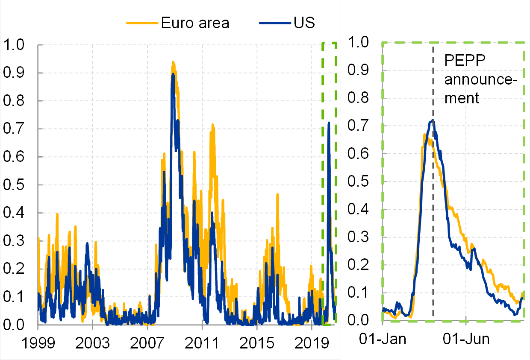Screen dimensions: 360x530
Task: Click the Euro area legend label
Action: [195, 23]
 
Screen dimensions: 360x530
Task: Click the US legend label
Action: [304, 23]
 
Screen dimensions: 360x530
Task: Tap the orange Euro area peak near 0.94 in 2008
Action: [173, 62]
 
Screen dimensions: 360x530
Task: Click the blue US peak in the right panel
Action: [433, 120]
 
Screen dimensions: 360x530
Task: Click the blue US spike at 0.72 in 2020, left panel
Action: [329, 123]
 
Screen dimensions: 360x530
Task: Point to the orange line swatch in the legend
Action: [142, 23]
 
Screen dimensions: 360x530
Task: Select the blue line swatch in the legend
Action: [275, 23]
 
